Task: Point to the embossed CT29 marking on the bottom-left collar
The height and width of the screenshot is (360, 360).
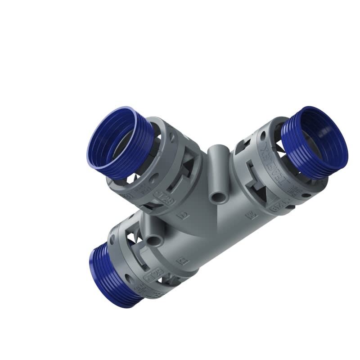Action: pos(153,275)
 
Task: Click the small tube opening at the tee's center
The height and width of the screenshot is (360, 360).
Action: pos(219,198)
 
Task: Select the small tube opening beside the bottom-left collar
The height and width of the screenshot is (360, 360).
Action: pos(154,240)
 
